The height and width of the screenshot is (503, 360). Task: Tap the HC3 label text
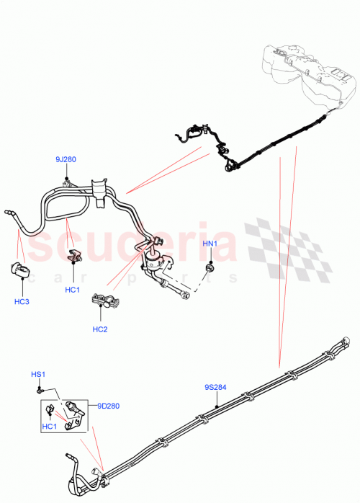click(x=22, y=301)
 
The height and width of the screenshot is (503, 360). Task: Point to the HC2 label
click(x=99, y=329)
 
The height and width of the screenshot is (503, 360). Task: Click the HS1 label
click(x=37, y=374)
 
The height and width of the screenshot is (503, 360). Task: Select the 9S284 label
click(x=215, y=387)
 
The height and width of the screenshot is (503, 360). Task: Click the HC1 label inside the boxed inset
click(x=50, y=427)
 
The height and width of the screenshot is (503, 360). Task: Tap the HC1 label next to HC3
click(x=72, y=290)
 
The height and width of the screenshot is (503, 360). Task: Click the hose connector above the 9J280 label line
click(x=66, y=184)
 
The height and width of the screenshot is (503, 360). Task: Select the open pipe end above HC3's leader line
click(x=9, y=213)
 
